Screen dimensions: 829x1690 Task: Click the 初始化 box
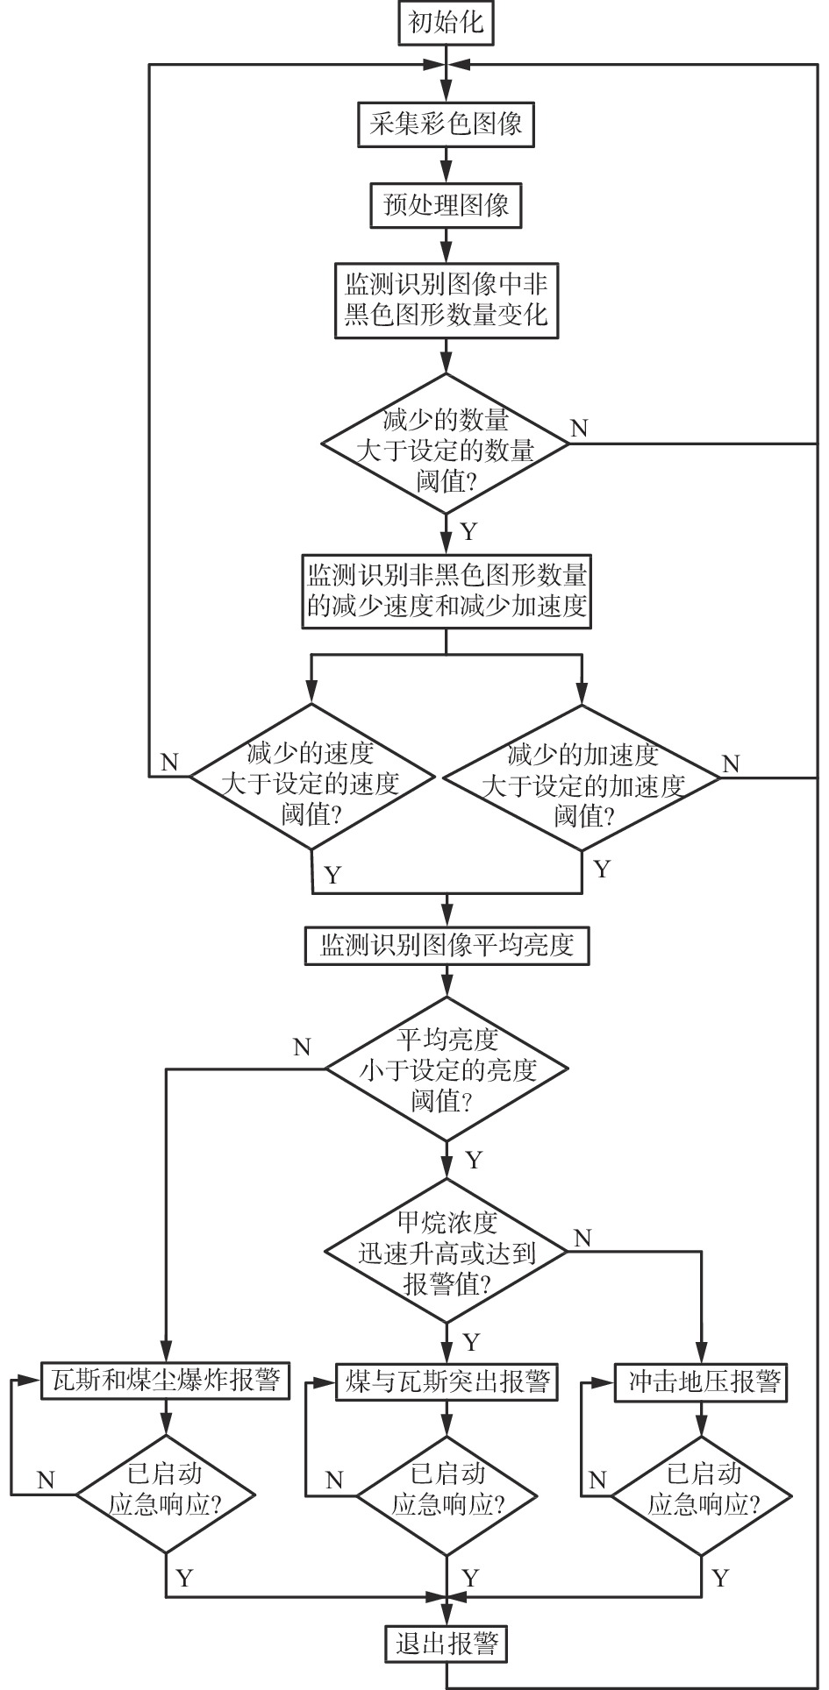click(x=447, y=24)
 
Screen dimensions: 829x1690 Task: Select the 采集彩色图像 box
click(x=447, y=124)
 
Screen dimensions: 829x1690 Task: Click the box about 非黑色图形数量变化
click(x=447, y=300)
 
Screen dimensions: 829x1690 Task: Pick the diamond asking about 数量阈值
click(x=447, y=444)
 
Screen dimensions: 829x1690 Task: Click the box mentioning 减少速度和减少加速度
click(x=447, y=592)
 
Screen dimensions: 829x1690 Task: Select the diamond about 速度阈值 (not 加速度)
click(x=312, y=777)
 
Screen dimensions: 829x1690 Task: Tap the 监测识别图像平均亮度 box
click(x=447, y=945)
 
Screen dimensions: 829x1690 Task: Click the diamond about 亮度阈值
click(x=447, y=1069)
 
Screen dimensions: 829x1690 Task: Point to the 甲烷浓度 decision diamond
click(x=447, y=1252)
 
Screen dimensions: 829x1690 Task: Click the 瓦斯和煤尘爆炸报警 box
click(x=166, y=1382)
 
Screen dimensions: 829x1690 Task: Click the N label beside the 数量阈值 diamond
click(x=579, y=429)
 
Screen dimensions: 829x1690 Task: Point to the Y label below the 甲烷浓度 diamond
click(x=472, y=1342)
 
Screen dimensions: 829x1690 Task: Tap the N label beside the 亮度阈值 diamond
click(x=302, y=1047)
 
